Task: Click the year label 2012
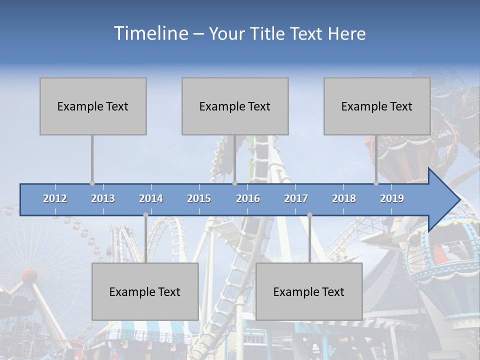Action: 55,198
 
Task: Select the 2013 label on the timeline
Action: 103,198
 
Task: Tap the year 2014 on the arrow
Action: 151,198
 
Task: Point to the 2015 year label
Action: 199,198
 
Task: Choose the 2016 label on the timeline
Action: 248,198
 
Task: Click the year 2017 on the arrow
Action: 296,198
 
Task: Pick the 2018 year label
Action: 344,198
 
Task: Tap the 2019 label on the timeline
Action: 392,198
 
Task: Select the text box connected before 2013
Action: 93,106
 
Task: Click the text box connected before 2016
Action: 235,106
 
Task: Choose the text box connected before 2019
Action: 377,106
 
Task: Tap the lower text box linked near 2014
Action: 145,291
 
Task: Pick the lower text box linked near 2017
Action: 309,291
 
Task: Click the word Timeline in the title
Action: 150,33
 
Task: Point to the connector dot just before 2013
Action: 92,183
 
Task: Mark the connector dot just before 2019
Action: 376,183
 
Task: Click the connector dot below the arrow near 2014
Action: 145,215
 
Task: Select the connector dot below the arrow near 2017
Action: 309,215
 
